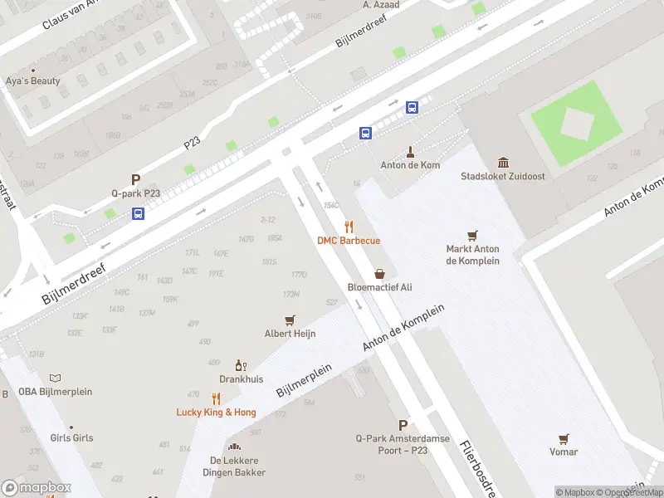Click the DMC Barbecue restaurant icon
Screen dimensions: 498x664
(349, 227)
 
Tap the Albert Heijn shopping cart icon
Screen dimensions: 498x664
(290, 320)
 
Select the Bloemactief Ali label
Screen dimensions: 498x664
(379, 287)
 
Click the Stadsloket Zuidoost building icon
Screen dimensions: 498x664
(503, 162)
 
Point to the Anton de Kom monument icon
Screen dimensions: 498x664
(409, 151)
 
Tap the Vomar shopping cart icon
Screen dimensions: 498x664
(564, 438)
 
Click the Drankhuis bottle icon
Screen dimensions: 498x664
(241, 364)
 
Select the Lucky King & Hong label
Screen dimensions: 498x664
(216, 412)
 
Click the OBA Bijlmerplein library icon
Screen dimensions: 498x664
(55, 378)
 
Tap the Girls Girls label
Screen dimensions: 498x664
(71, 437)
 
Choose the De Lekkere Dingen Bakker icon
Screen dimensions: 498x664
(234, 447)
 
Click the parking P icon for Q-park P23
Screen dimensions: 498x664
(135, 179)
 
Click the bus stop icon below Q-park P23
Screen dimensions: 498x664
(138, 213)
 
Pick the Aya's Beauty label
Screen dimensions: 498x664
(33, 81)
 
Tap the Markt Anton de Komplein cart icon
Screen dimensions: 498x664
(472, 236)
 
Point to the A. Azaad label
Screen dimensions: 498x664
(381, 5)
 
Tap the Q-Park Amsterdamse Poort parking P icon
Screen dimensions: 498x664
(403, 424)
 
